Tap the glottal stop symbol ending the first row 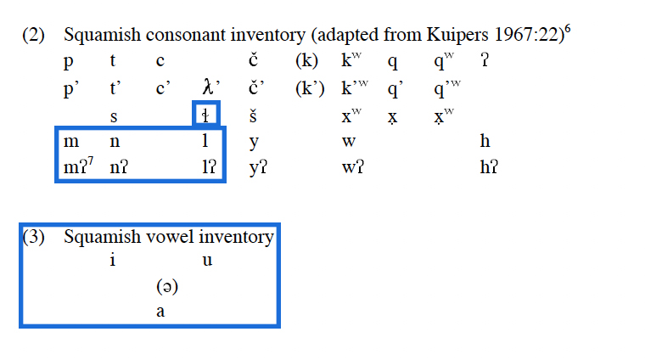[485, 61]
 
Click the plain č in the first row [253, 61]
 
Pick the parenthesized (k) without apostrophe [306, 61]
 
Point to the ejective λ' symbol [210, 87]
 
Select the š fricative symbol [253, 115]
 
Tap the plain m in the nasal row [71, 141]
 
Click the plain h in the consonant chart [485, 141]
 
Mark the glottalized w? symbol [352, 167]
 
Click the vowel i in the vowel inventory [112, 261]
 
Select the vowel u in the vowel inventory [206, 261]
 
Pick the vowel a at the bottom [160, 312]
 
